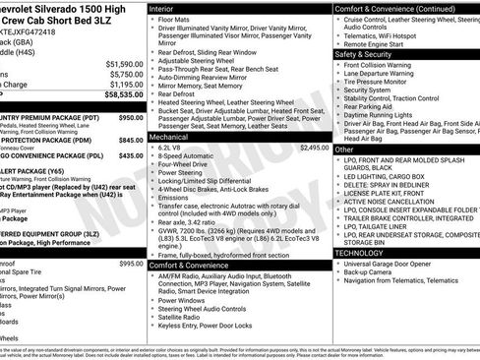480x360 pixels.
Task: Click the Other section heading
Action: (x=344, y=149)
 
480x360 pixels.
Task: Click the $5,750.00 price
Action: (x=127, y=74)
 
